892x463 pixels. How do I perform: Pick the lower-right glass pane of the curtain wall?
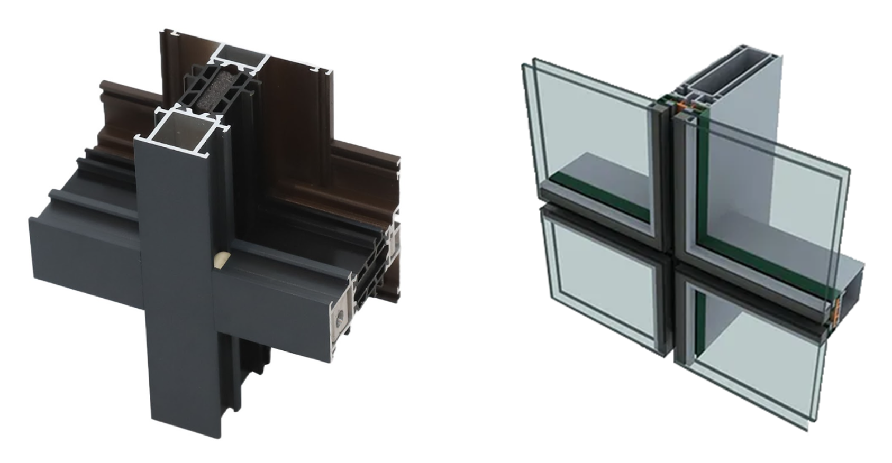click(x=757, y=365)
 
